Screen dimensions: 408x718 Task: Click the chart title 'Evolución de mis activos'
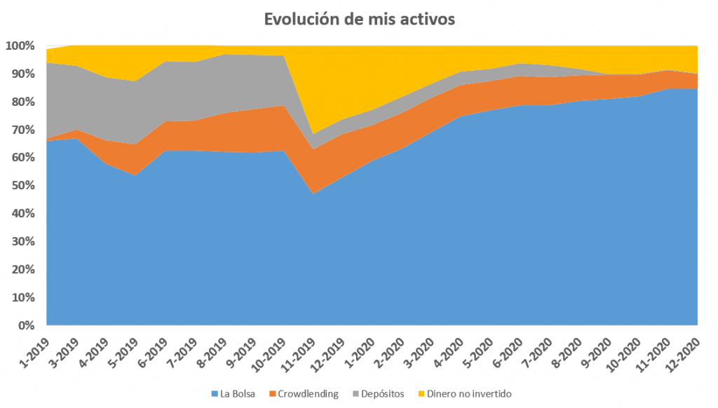click(359, 19)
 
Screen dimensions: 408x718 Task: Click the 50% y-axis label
click(22, 186)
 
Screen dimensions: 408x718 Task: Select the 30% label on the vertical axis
click(22, 242)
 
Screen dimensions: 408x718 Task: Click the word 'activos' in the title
click(428, 19)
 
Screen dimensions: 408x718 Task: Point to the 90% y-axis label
click(22, 74)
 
